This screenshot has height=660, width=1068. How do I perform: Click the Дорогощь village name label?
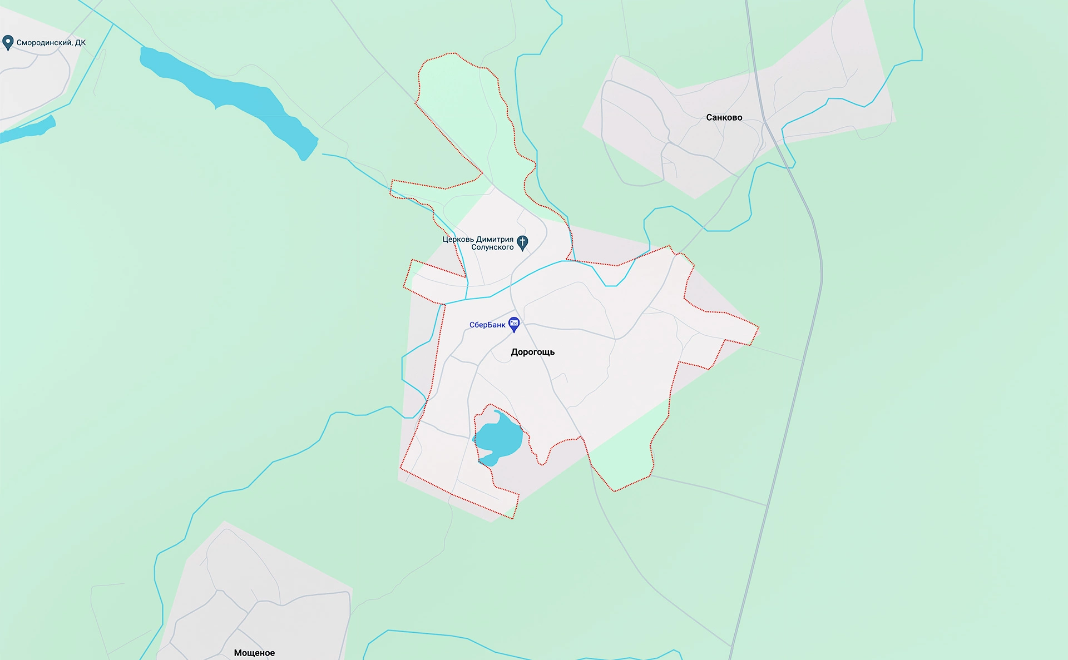[x=532, y=352]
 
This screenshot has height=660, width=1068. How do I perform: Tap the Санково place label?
[x=724, y=117]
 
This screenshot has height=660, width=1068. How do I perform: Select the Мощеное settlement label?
[x=254, y=653]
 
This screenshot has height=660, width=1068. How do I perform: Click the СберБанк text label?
[x=487, y=325]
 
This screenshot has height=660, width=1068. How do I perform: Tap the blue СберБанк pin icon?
[x=515, y=324]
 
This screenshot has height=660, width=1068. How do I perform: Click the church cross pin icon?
[x=522, y=242]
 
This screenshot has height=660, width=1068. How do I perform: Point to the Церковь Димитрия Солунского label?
[x=478, y=243]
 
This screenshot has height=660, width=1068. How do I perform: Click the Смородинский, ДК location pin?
[x=8, y=42]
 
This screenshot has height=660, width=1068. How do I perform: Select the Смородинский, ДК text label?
[x=51, y=43]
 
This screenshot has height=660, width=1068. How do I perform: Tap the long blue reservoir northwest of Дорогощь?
[x=228, y=95]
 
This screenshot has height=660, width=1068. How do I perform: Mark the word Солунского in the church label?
[x=492, y=247]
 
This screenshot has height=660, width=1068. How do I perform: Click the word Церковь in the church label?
[x=458, y=240]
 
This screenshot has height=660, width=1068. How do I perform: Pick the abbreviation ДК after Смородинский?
[x=80, y=43]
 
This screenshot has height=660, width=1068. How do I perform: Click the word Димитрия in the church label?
[x=495, y=240]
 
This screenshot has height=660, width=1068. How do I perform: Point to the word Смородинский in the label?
[x=44, y=43]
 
